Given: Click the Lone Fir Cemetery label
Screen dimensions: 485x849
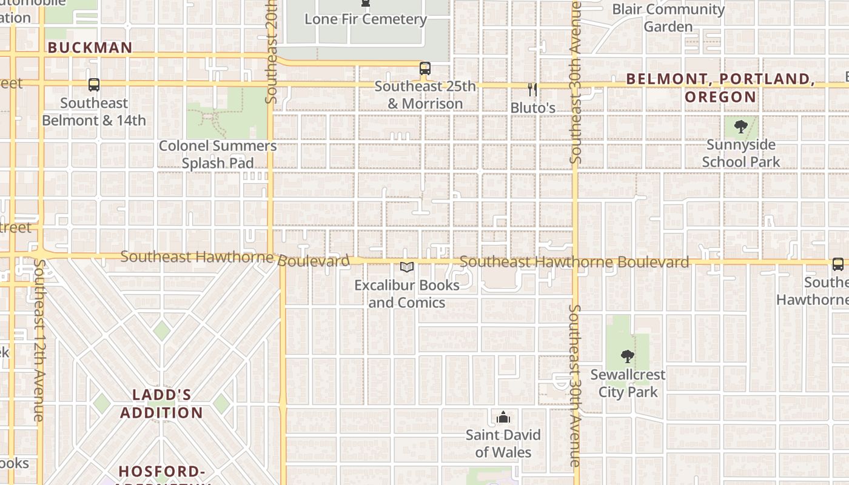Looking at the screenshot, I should coord(365,19).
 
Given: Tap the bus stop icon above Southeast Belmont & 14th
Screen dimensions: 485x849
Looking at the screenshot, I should coord(94,85).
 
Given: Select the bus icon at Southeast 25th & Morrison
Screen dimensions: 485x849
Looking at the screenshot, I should coord(425,69).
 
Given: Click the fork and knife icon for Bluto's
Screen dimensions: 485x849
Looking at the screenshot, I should coord(532,90).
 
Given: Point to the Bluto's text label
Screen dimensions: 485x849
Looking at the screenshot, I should coord(532,108).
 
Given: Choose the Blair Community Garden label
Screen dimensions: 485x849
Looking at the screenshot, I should coord(668,18).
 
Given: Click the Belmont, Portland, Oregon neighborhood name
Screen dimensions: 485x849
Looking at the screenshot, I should coord(720,88).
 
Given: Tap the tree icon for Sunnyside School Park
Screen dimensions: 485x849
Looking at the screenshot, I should coord(740,127).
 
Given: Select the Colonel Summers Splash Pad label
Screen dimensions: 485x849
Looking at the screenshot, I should coord(218,155).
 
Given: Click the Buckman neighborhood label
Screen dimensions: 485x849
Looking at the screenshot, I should coord(90,48).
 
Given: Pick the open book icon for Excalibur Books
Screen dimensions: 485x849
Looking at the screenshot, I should coord(407,267).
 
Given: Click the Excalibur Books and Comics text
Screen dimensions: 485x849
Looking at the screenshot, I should coord(407,293).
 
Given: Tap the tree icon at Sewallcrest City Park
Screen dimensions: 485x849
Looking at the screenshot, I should coord(628,356).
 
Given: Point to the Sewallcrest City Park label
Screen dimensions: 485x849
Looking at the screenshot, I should coord(628,383).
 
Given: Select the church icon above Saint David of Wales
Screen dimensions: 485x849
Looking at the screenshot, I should coord(503,417).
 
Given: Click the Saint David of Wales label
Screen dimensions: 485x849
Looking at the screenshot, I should coord(503,443).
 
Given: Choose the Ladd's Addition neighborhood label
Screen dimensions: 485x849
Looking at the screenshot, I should coord(161,404).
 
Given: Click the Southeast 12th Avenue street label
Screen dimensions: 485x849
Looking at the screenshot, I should coord(39,340).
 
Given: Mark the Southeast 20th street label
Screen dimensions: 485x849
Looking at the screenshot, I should coord(271,52).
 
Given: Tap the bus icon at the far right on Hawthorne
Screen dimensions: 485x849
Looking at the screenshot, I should coord(837,264).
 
